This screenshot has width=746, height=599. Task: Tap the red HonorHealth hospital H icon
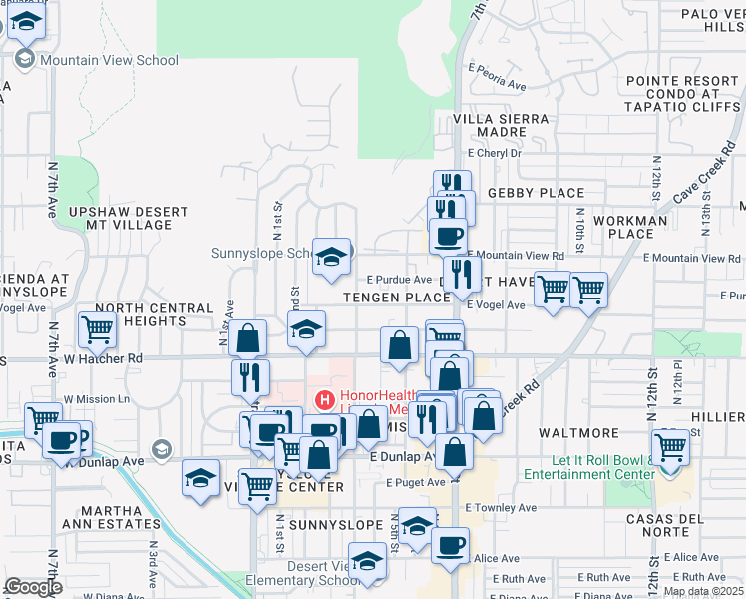click(x=324, y=400)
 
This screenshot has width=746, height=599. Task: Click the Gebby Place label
click(x=535, y=192)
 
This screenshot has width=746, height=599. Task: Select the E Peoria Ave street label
click(x=496, y=86)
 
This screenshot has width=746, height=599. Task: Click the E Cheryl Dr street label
click(x=494, y=153)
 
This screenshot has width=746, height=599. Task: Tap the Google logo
click(x=33, y=588)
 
